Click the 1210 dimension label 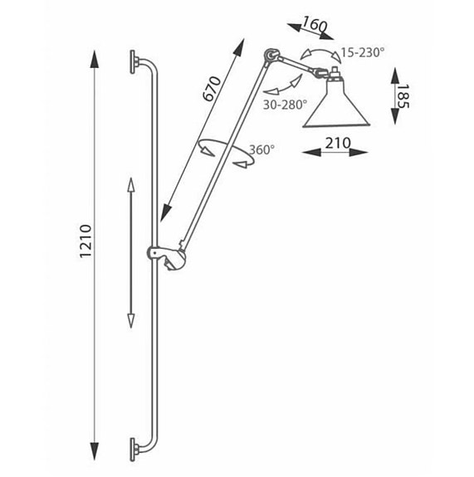86,241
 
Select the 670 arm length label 212,89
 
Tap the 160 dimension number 315,24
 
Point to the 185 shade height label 403,96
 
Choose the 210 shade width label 338,143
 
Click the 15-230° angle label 361,52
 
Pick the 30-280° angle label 285,105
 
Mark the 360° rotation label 262,149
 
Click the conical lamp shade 336,105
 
